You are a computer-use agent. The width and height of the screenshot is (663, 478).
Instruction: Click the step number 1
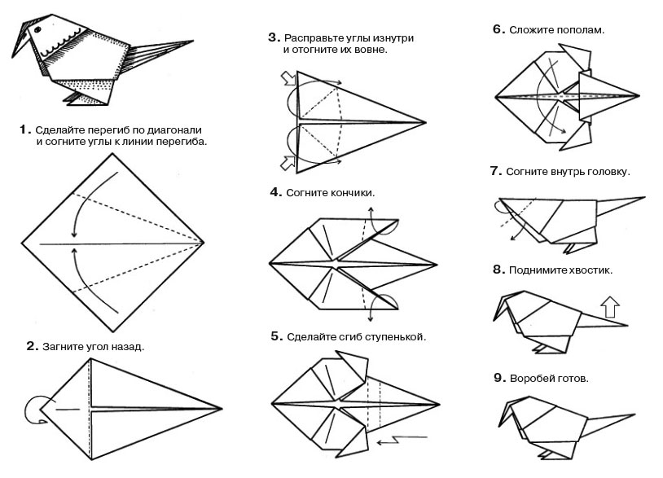coord(25,129)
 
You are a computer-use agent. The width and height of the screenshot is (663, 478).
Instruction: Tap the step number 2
coord(32,346)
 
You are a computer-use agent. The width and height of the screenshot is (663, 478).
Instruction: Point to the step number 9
coord(496,379)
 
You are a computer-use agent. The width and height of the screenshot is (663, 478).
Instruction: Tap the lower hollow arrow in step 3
coord(288,162)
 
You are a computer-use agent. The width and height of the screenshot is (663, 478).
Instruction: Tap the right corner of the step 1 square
coord(203,243)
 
